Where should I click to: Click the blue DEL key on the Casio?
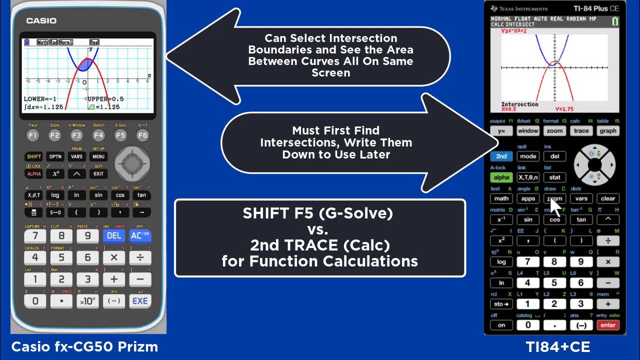coord(114,235)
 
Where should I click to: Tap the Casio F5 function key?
coord(120,135)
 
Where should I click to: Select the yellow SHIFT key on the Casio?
coord(34,156)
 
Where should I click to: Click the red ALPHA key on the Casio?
coord(34,173)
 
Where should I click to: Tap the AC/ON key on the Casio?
coord(140,235)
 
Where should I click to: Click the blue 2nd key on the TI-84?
coord(501,156)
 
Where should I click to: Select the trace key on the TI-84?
coord(581,131)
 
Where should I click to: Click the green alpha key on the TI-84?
coord(501,177)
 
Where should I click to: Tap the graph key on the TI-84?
coord(607,131)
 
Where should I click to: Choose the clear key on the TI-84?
coord(607,198)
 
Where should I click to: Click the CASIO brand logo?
coord(41,21)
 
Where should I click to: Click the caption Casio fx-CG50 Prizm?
coord(84,346)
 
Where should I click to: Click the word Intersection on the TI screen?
coord(520,104)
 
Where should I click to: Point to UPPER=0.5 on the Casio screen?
coord(105,99)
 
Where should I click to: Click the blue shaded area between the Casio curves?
coord(85,64)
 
